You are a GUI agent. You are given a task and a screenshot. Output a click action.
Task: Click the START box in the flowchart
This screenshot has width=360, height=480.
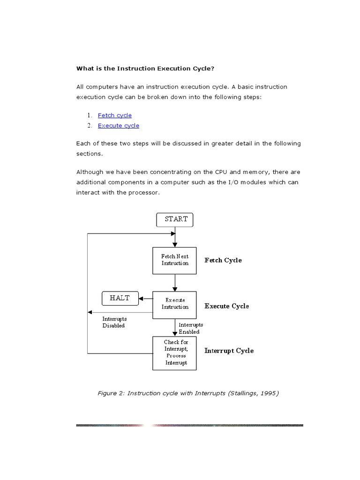[x=174, y=219]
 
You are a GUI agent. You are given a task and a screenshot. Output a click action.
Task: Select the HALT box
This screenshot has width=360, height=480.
[x=120, y=298]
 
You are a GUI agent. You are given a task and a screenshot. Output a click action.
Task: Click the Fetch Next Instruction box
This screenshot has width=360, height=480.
[x=174, y=260]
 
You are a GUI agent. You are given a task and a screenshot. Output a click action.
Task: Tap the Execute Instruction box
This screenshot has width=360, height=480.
[x=174, y=304]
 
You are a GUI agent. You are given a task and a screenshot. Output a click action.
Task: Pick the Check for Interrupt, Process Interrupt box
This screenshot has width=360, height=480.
[x=174, y=352]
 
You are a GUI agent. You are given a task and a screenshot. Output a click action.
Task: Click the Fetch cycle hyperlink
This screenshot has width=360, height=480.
[x=114, y=115]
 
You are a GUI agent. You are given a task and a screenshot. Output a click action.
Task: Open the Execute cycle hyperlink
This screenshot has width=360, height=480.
[x=118, y=126]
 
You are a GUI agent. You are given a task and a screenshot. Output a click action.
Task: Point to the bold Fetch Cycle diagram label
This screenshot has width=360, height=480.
[x=223, y=260]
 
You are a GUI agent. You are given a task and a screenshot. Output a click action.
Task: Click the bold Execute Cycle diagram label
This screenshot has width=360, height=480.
[x=226, y=306]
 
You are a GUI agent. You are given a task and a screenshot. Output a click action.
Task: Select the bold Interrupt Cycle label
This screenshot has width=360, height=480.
[x=229, y=351]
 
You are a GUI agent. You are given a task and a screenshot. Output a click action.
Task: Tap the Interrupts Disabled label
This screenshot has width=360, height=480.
[x=114, y=322]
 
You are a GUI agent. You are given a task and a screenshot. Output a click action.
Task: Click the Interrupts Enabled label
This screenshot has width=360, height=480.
[x=190, y=328]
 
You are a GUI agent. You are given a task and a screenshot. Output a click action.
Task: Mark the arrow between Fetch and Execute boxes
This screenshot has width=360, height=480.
[x=175, y=283]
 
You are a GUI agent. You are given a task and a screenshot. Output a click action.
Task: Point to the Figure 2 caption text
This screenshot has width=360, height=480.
[x=188, y=393]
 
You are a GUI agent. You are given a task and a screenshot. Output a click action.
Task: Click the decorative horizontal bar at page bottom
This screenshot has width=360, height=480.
[x=189, y=425]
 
